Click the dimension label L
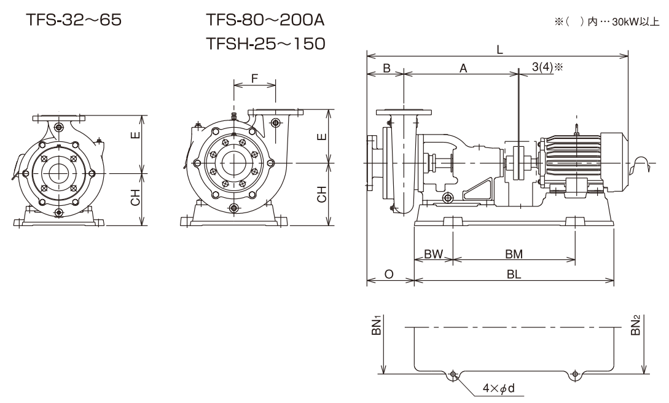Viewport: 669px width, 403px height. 499,52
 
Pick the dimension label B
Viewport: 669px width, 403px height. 386,69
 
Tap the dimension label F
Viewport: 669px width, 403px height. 255,79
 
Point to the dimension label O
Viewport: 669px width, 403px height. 389,275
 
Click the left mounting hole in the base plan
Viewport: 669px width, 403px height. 453,374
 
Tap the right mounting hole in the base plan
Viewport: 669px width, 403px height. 574,374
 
